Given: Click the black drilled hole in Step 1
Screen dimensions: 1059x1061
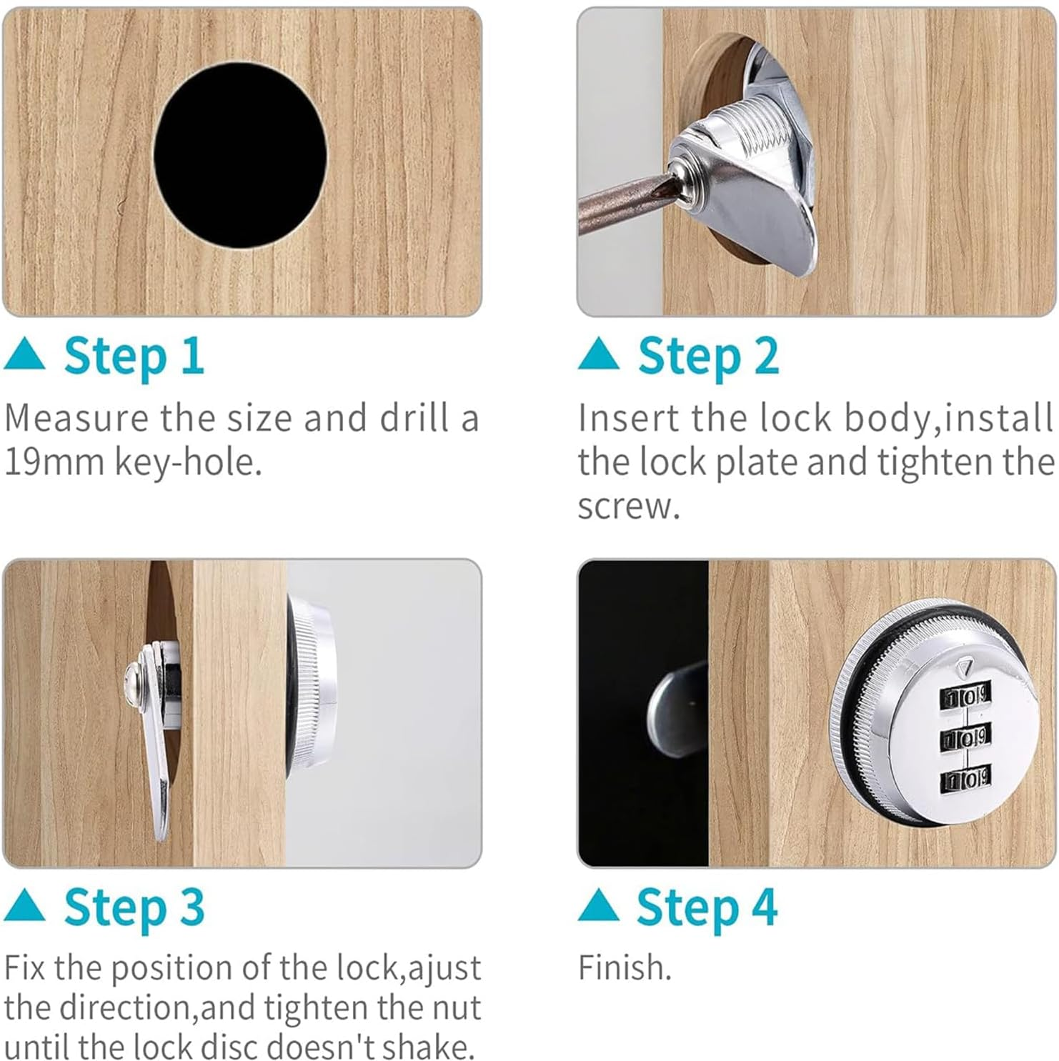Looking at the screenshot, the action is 240,156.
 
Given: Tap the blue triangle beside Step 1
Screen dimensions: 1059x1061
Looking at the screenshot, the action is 24,355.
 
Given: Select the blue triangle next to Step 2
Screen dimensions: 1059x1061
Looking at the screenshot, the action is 599,354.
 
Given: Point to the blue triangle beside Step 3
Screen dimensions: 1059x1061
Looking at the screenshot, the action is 24,906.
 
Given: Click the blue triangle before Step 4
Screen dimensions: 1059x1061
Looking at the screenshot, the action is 599,906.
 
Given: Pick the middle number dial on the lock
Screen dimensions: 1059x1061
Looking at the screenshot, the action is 965,737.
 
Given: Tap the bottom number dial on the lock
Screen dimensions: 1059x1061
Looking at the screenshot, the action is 965,778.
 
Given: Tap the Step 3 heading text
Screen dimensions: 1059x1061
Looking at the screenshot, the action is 134,907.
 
